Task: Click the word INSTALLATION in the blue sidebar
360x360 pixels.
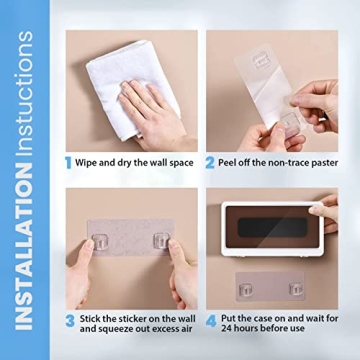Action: click(x=26, y=251)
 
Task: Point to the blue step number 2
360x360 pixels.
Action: click(x=211, y=161)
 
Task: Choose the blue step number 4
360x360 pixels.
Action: click(x=211, y=321)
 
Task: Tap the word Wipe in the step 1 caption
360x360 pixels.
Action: click(x=90, y=162)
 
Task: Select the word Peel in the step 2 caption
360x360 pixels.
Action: click(x=229, y=162)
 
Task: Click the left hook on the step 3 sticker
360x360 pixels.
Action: click(x=98, y=242)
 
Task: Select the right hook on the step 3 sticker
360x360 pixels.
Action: click(x=158, y=242)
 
